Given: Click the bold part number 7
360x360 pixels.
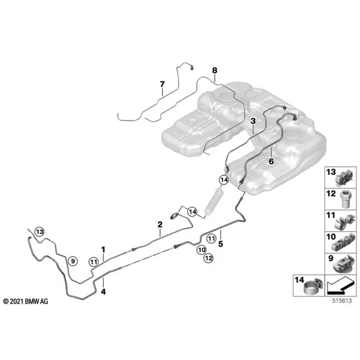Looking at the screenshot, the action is tap(163, 85).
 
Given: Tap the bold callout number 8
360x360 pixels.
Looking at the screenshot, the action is tap(214, 70).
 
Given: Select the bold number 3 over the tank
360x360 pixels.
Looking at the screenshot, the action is tap(253, 121).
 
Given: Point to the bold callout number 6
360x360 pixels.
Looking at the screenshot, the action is tap(271, 161).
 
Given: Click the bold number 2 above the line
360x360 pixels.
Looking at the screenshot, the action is tap(160, 224).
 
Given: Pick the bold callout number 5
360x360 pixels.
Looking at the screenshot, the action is tap(221, 244).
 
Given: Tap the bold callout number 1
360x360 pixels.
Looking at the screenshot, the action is tap(103, 250).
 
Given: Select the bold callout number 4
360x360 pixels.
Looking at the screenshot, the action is tap(103, 292).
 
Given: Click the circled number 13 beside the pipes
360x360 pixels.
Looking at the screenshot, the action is tap(40, 232).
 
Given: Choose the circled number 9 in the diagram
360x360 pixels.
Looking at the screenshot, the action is tap(73, 261).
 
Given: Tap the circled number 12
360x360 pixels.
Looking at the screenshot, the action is tap(209, 258).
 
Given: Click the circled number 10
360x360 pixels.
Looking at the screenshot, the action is tap(202, 250).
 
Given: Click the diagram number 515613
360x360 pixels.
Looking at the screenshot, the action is tap(342, 301).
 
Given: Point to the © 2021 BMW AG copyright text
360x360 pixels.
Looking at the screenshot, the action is tap(26, 301).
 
